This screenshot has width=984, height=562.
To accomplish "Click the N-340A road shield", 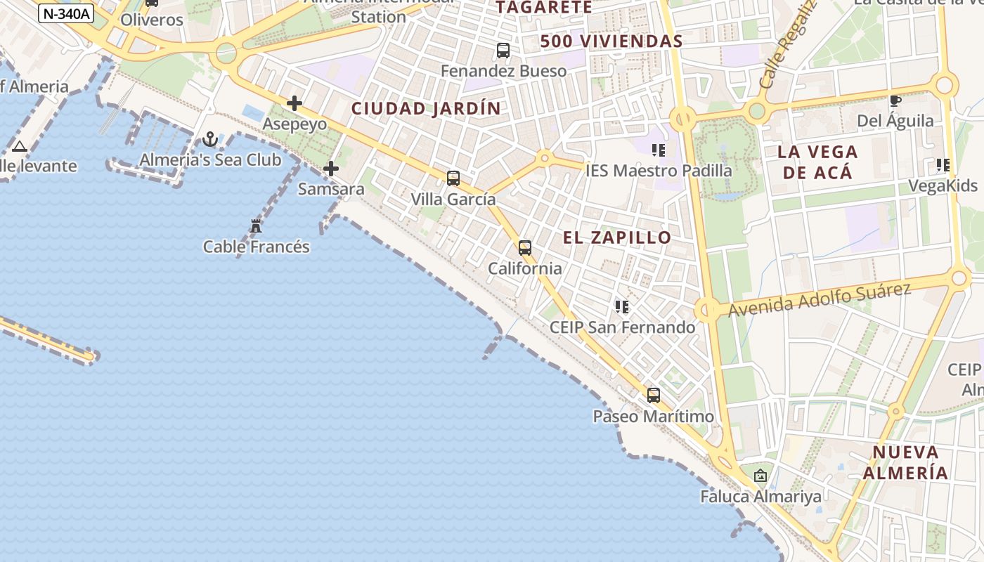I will pos(67,13).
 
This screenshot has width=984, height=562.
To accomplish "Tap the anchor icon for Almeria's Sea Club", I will pos(210,139).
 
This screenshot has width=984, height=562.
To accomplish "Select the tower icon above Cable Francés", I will pos(256,226).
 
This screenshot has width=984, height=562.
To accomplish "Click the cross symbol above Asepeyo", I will pos(294,104).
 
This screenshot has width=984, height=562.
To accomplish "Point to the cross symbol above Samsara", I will pos(331,169).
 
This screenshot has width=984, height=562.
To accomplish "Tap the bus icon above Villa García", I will pos(453,178).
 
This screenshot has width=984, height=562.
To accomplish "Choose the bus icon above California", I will pos(525,248).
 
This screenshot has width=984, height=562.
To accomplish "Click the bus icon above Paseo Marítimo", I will pos(654,396).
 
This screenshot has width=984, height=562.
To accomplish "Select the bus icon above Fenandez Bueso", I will pos(503,51).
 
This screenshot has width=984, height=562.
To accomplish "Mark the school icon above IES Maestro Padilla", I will pos(659,150).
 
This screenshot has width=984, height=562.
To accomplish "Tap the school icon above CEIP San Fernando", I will pos(622,307).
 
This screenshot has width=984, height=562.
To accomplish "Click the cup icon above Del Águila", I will pos(895,100).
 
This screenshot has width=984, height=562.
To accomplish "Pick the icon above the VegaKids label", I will pos(943,165).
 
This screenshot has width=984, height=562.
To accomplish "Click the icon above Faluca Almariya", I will pos(760,476).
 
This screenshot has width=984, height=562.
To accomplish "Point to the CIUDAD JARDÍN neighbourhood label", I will pos(426,109).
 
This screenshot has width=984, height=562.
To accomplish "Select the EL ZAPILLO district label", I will pos(617,237).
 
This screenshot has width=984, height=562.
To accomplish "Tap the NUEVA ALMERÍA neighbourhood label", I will pos(905,462).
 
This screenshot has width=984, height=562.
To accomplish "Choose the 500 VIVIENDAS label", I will pos(611,41).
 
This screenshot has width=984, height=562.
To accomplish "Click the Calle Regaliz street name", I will pos(789,44).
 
